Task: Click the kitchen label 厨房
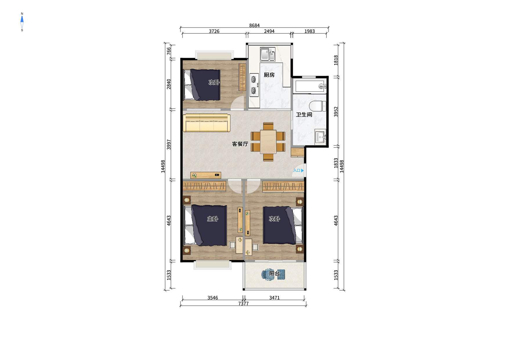tap(269, 75)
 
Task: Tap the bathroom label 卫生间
tap(304, 115)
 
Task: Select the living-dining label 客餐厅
tap(240, 144)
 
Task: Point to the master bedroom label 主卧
tap(212, 219)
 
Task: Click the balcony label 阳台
tap(274, 273)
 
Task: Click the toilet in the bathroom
tap(317, 106)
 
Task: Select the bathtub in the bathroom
tap(310, 86)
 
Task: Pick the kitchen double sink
tap(267, 54)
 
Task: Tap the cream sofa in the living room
tap(207, 123)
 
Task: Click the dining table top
tap(268, 141)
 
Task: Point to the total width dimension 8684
tap(255, 26)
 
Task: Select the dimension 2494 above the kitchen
tap(269, 31)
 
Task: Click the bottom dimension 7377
tap(243, 304)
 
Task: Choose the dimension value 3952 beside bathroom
tap(336, 112)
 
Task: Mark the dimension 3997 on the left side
tap(169, 145)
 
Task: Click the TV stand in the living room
tap(206, 175)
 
